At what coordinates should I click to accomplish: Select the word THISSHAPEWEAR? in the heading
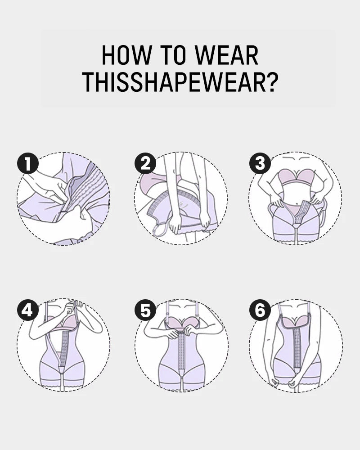point(180,82)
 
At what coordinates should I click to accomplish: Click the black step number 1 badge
point(28,163)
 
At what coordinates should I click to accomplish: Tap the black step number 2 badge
point(145,163)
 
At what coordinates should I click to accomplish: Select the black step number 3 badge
point(260,163)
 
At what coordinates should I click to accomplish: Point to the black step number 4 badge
point(28,310)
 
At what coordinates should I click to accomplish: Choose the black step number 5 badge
point(145,310)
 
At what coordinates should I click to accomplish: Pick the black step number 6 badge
point(260,310)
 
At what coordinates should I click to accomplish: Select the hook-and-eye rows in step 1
point(85,191)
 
